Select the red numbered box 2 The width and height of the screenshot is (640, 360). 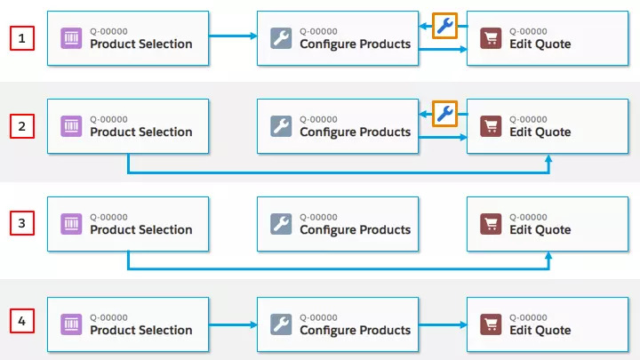22,126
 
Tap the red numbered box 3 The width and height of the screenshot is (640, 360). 22,223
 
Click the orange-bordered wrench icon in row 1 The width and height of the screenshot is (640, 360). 445,26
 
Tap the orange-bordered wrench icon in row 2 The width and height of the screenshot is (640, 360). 445,113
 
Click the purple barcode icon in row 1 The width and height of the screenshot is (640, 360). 72,38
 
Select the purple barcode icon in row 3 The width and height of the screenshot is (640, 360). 72,224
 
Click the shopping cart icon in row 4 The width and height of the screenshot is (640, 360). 491,324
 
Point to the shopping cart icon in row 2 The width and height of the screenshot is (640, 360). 491,126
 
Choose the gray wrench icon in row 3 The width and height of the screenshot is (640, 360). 281,224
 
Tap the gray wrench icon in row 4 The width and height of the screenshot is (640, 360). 281,324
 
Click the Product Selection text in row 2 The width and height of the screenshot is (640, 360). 140,132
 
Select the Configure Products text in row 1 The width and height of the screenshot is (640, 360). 355,44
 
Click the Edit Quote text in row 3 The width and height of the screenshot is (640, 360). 540,230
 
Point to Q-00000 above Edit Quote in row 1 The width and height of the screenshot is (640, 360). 528,31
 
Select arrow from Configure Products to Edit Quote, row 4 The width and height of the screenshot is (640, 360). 442,324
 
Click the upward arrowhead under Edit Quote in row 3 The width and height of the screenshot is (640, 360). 549,256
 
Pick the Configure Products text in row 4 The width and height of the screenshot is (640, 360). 355,331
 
